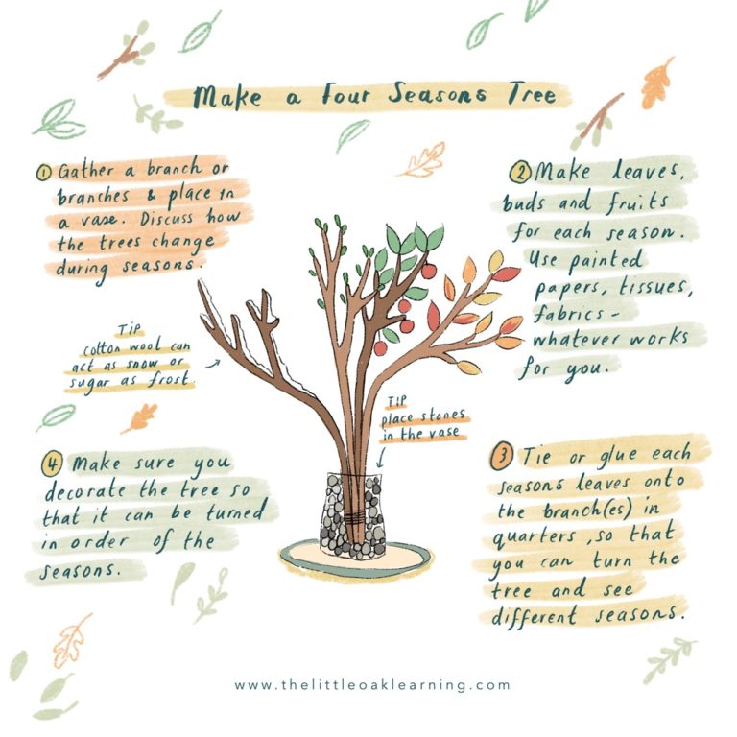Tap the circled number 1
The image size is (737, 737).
pyautogui.click(x=44, y=174)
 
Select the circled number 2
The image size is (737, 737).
pyautogui.click(x=519, y=174)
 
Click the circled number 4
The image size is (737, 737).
pyautogui.click(x=52, y=464)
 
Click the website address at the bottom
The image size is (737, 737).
pyautogui.click(x=372, y=685)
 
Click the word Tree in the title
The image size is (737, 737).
pyautogui.click(x=538, y=97)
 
